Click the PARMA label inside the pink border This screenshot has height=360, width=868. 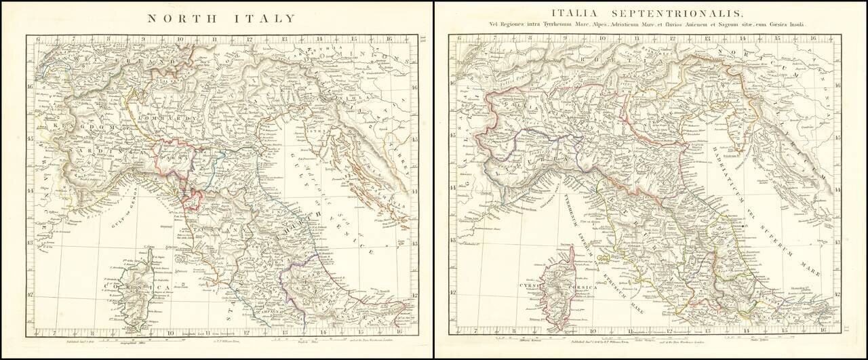(172, 161)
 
